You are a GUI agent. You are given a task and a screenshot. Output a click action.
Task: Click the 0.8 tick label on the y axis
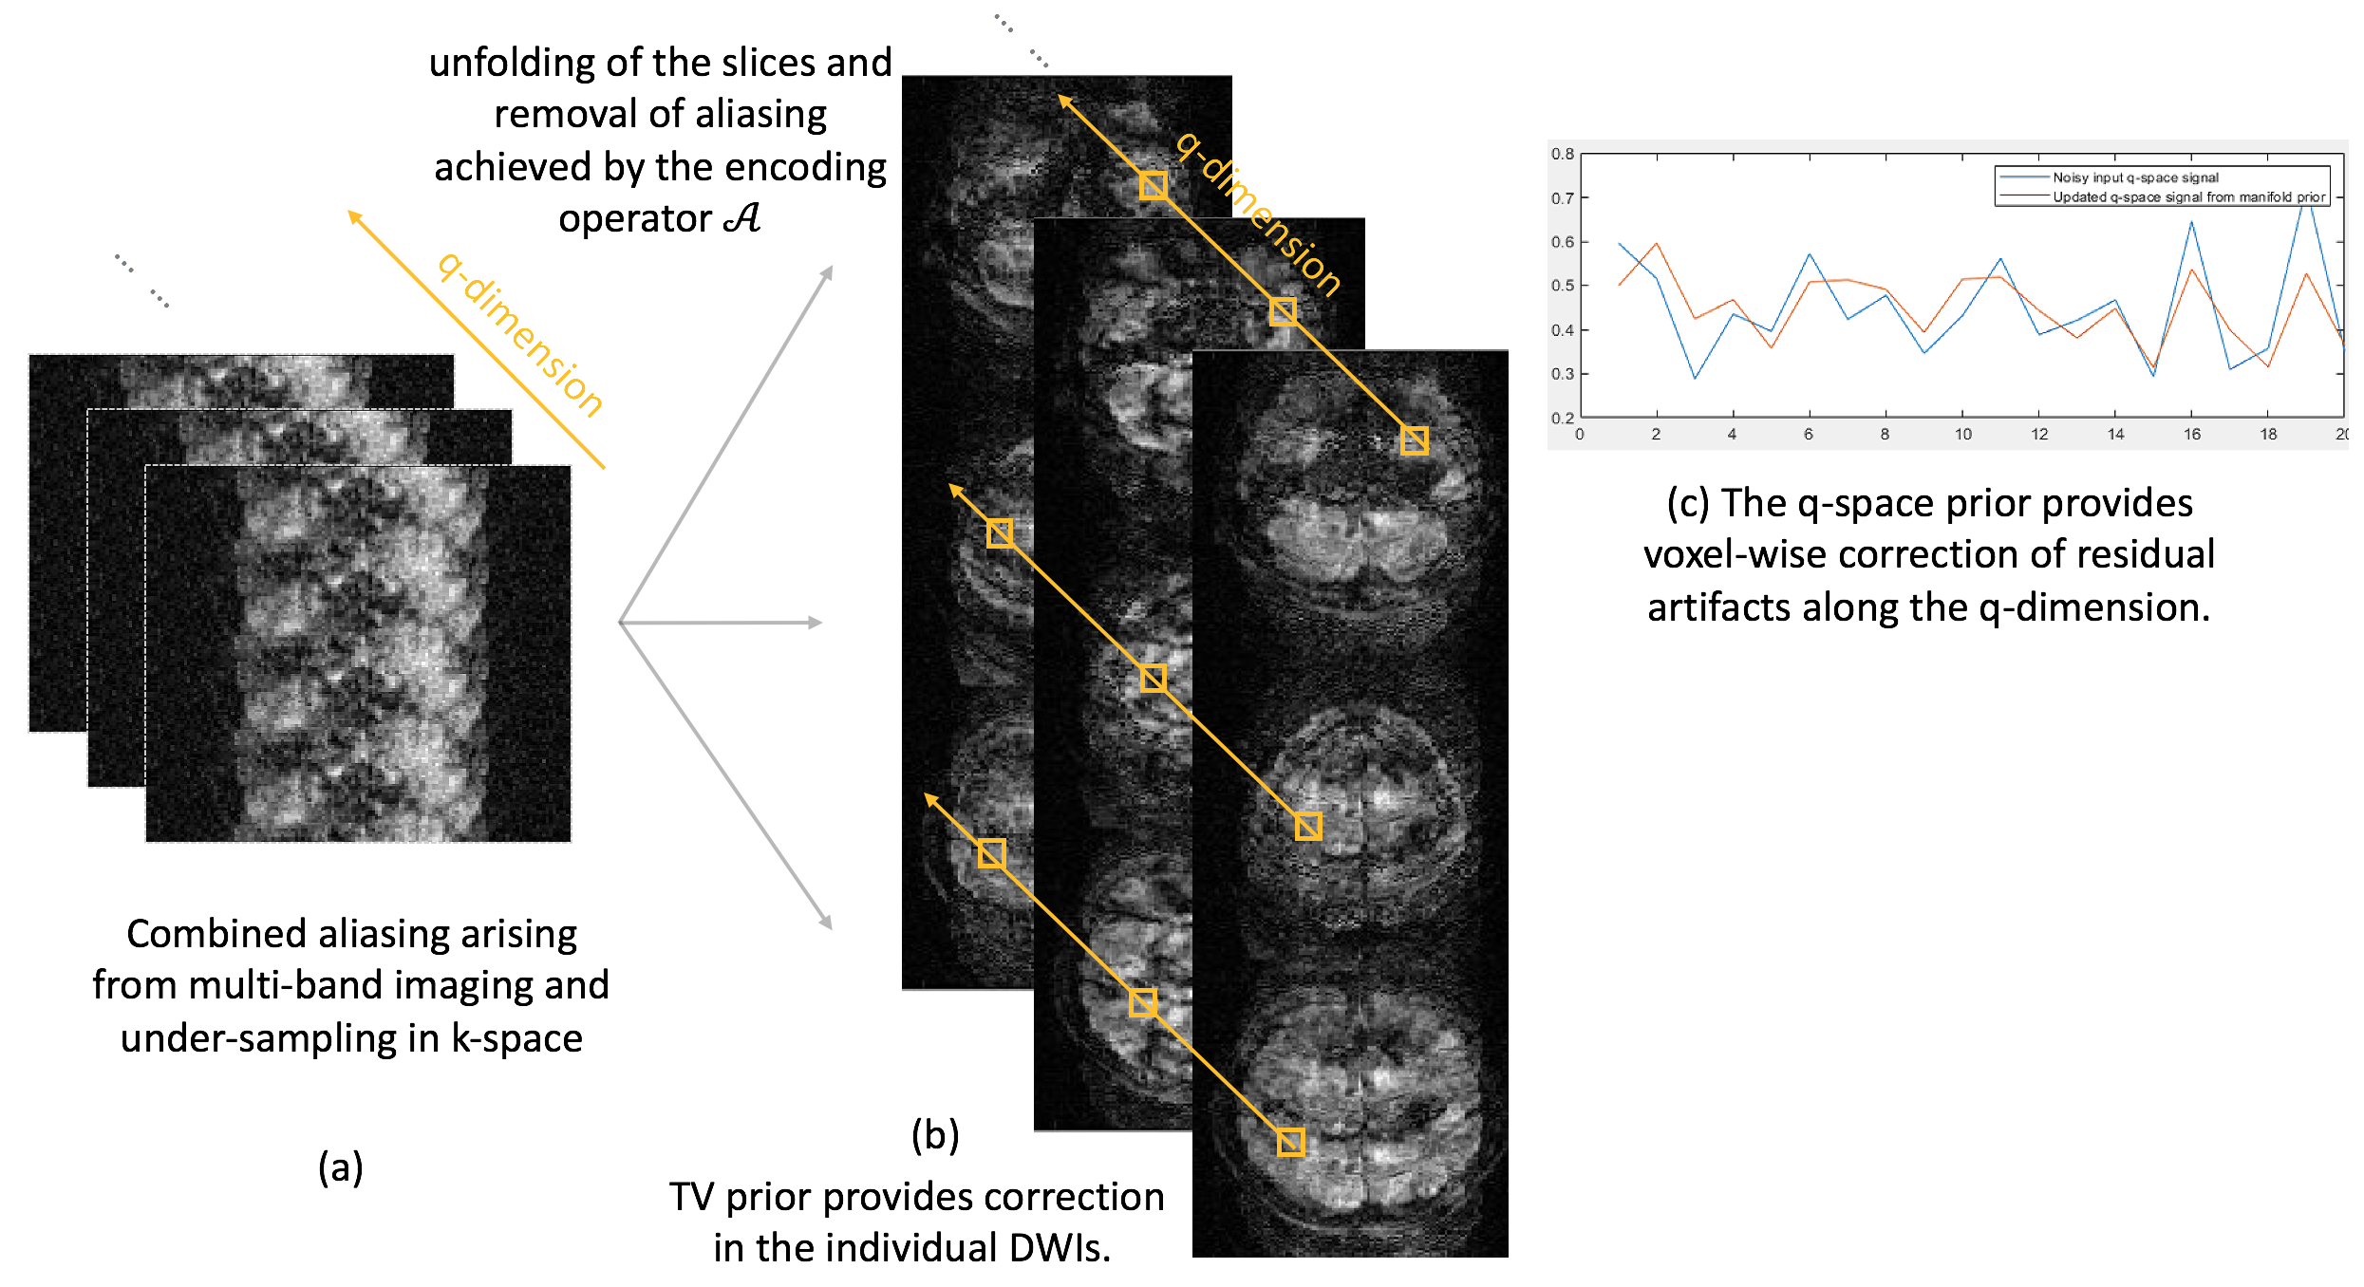(1562, 154)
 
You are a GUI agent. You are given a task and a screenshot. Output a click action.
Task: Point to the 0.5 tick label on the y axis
(1562, 286)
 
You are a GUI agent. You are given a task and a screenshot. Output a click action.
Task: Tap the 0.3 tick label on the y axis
(1562, 374)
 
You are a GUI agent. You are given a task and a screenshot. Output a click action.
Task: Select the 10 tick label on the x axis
(1962, 435)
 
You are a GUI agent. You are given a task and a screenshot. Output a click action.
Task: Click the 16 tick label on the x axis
(2191, 435)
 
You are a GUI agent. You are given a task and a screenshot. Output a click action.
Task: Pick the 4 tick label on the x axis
(1732, 435)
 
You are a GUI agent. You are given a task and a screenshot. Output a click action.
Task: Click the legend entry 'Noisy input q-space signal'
(2135, 177)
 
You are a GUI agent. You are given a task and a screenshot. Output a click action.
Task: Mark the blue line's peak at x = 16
(2192, 223)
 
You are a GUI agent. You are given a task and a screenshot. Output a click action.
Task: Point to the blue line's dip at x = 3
(1696, 378)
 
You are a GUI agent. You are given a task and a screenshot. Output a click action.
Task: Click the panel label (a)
(340, 1167)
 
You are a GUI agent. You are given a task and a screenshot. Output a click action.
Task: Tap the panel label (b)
(935, 1135)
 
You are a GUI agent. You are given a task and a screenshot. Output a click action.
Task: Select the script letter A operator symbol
(741, 218)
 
